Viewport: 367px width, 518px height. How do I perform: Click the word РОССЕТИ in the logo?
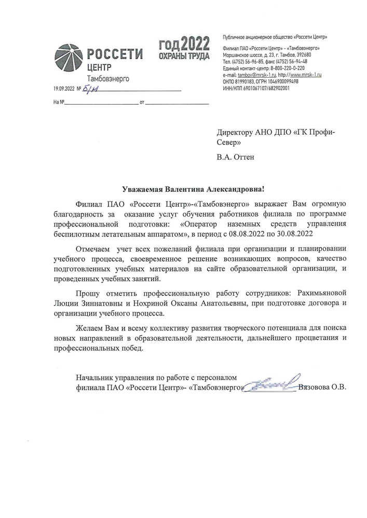pyautogui.click(x=115, y=55)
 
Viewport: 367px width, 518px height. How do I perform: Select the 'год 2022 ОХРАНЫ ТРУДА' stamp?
pyautogui.click(x=184, y=48)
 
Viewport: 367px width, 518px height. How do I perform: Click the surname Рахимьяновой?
pyautogui.click(x=320, y=294)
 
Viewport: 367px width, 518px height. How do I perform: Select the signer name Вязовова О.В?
pyautogui.click(x=323, y=387)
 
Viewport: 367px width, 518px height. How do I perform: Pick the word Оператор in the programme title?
pyautogui.click(x=202, y=223)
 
